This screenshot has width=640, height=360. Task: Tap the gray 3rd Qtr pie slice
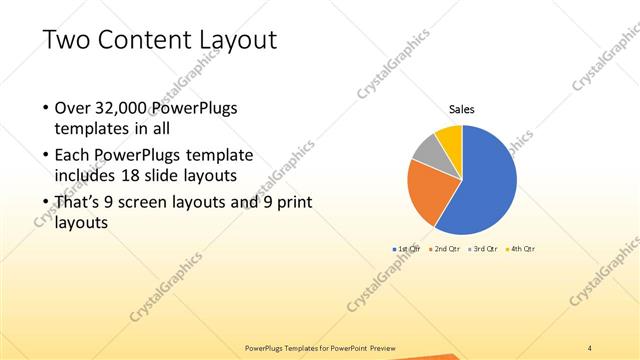click(x=427, y=153)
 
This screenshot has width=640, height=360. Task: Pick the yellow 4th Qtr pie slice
click(x=449, y=138)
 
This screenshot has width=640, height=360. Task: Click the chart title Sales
click(x=461, y=109)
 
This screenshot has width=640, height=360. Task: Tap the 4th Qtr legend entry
click(x=520, y=248)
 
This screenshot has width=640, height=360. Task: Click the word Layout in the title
click(x=232, y=41)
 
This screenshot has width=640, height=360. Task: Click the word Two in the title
click(x=66, y=41)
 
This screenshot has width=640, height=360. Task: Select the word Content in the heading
click(x=140, y=41)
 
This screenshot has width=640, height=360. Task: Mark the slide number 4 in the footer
click(x=590, y=347)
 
